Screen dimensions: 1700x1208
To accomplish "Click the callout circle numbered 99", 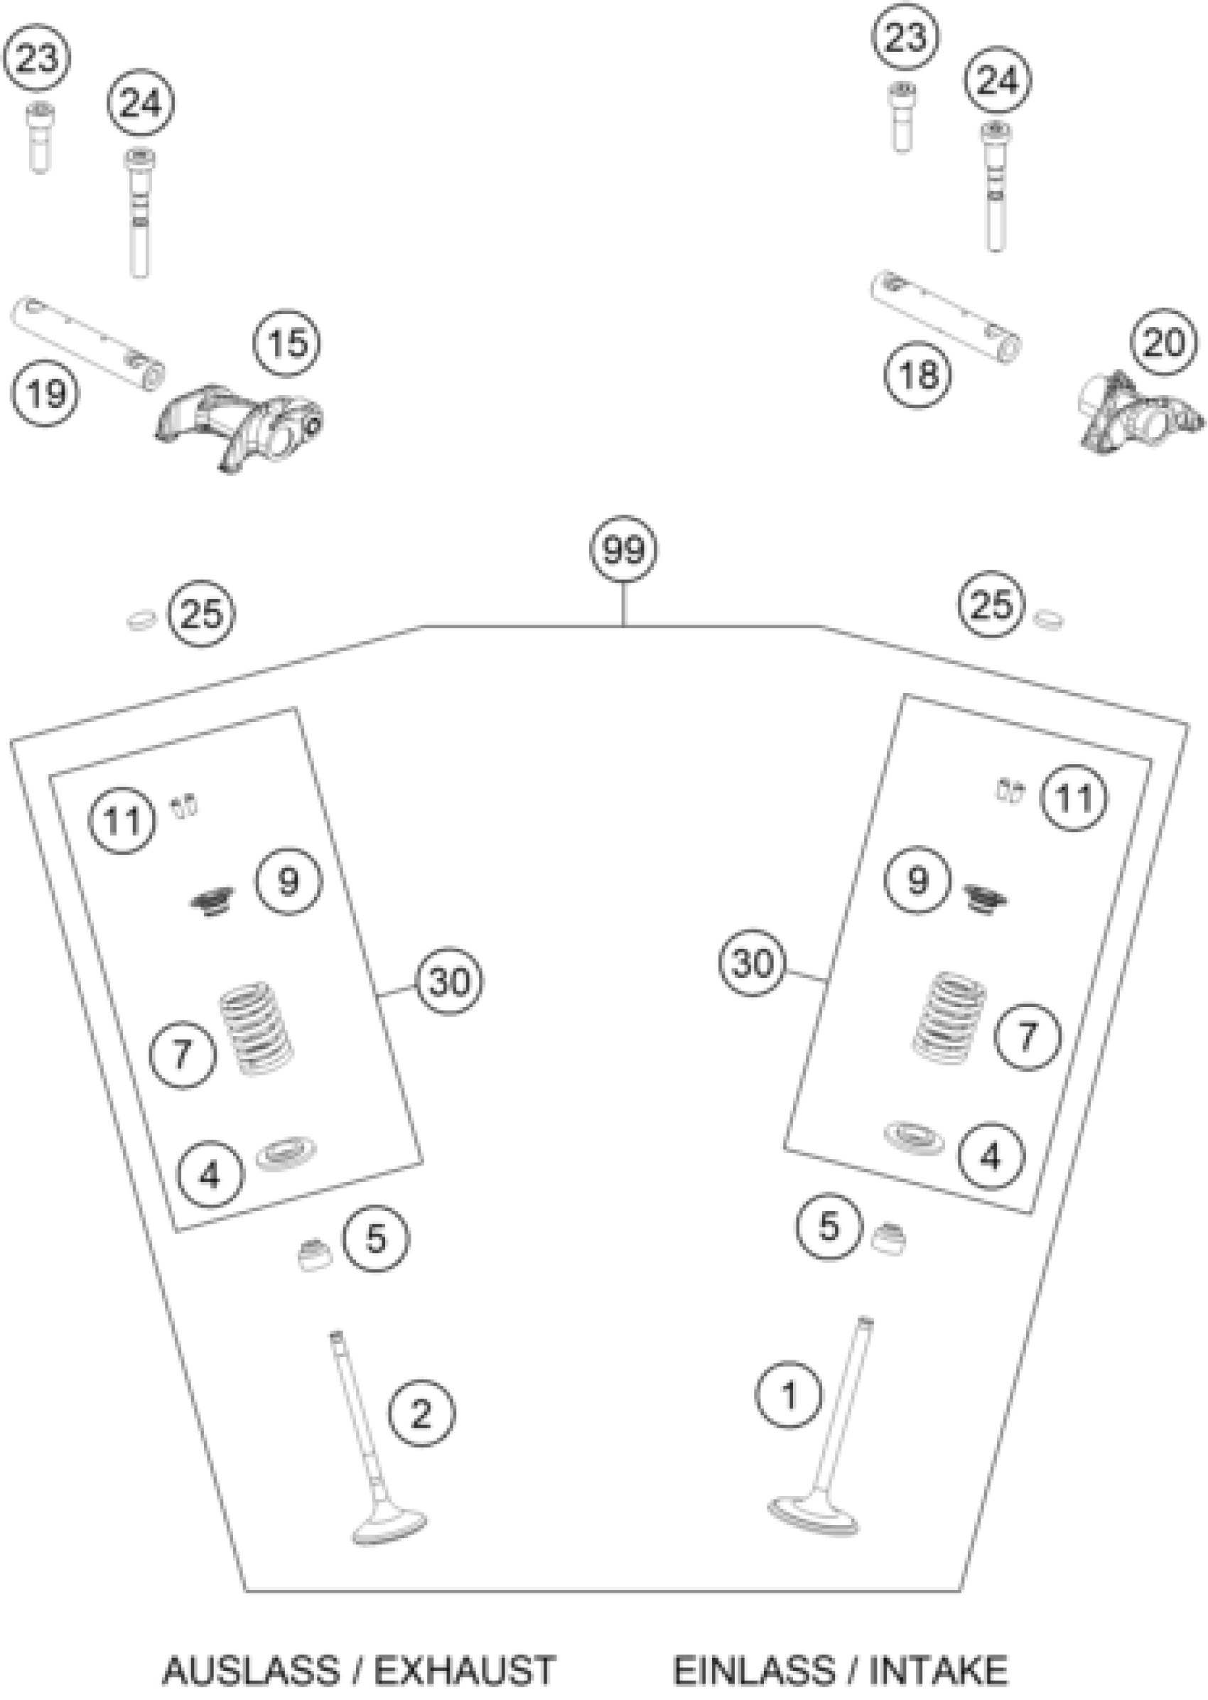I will (622, 550).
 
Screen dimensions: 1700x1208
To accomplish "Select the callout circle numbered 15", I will (286, 343).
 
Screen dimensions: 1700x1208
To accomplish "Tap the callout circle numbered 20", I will (1163, 343).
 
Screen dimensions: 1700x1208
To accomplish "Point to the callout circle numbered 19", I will (45, 392).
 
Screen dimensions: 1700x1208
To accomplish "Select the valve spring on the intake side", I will (949, 1015).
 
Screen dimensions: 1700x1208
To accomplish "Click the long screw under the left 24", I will (139, 216).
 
